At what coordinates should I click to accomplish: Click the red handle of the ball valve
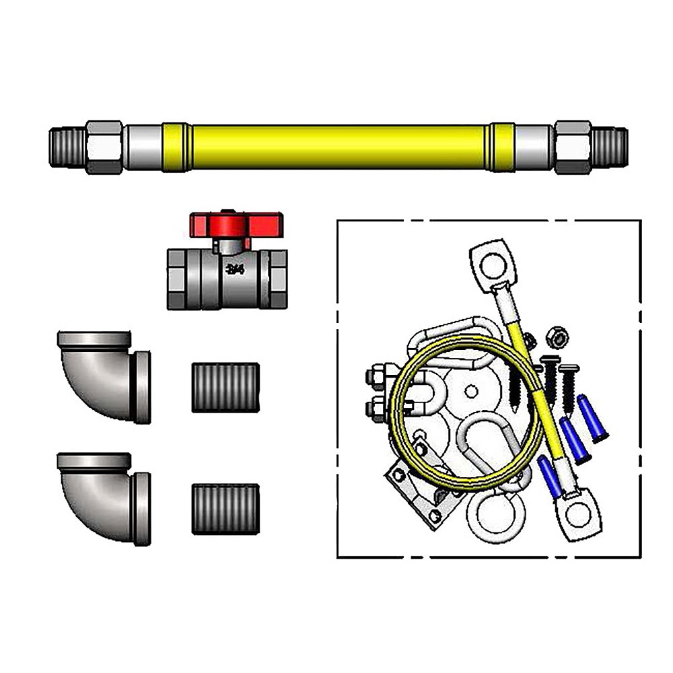click(236, 223)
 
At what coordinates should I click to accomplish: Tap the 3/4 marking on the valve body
click(236, 270)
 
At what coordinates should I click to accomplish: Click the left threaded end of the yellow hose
click(67, 147)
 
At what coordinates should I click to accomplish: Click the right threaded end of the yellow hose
click(610, 147)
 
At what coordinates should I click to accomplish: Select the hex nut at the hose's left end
click(104, 147)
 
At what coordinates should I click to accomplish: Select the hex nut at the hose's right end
click(573, 147)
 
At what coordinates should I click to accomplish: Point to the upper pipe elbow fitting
click(102, 375)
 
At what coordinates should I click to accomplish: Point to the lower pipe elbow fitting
click(102, 496)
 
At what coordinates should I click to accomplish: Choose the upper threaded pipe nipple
click(225, 387)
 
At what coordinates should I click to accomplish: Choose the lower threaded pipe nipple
click(225, 508)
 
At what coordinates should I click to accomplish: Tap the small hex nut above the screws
click(555, 334)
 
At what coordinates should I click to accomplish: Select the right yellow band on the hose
click(501, 147)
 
